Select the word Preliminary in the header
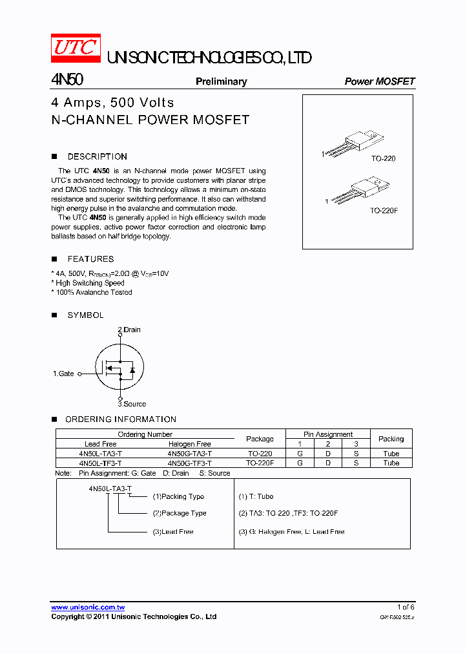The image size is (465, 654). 221,81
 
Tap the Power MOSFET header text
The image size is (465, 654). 379,81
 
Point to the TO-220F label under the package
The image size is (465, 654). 384,211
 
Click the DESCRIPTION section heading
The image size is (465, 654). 97,156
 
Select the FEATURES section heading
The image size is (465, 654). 90,259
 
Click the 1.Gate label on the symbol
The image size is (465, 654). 63,374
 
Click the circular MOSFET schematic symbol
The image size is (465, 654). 119,367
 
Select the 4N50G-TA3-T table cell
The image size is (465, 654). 189,454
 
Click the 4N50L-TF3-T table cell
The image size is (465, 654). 100,463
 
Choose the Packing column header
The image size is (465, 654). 391,439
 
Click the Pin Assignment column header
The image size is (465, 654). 328,434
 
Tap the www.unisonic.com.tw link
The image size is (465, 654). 88,607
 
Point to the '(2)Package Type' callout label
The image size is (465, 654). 180,513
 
